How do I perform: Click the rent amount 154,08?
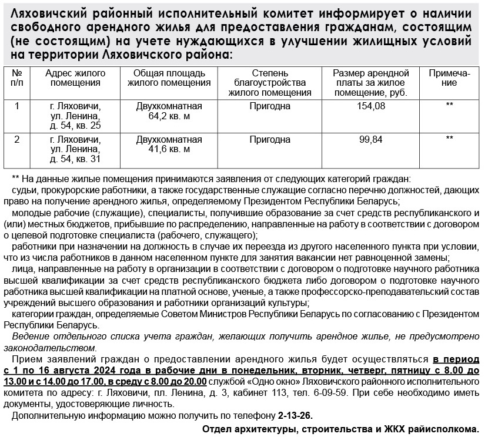[371, 106]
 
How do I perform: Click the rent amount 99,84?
[371, 140]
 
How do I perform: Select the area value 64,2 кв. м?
[169, 116]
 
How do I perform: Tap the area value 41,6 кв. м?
[169, 150]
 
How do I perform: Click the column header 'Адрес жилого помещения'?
[75, 78]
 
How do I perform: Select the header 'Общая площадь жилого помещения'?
[169, 78]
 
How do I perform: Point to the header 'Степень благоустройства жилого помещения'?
[270, 83]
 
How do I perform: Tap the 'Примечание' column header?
[450, 78]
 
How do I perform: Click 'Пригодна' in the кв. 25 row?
[270, 106]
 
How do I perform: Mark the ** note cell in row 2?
[450, 140]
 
